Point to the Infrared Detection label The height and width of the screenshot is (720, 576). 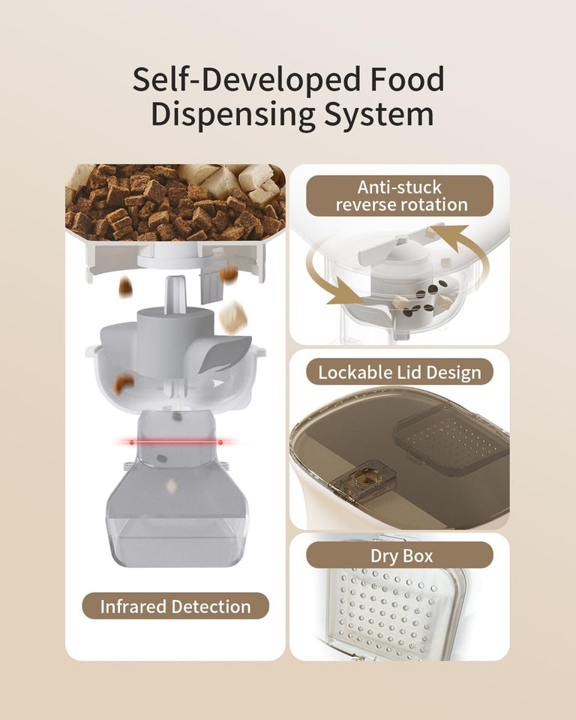click(175, 606)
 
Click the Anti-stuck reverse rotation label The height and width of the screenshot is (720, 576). click(400, 196)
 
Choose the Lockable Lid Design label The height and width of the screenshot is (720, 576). click(400, 372)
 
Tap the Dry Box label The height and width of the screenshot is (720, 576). click(400, 556)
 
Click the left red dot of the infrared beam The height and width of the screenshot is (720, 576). click(131, 442)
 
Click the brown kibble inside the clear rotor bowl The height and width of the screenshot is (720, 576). click(123, 383)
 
